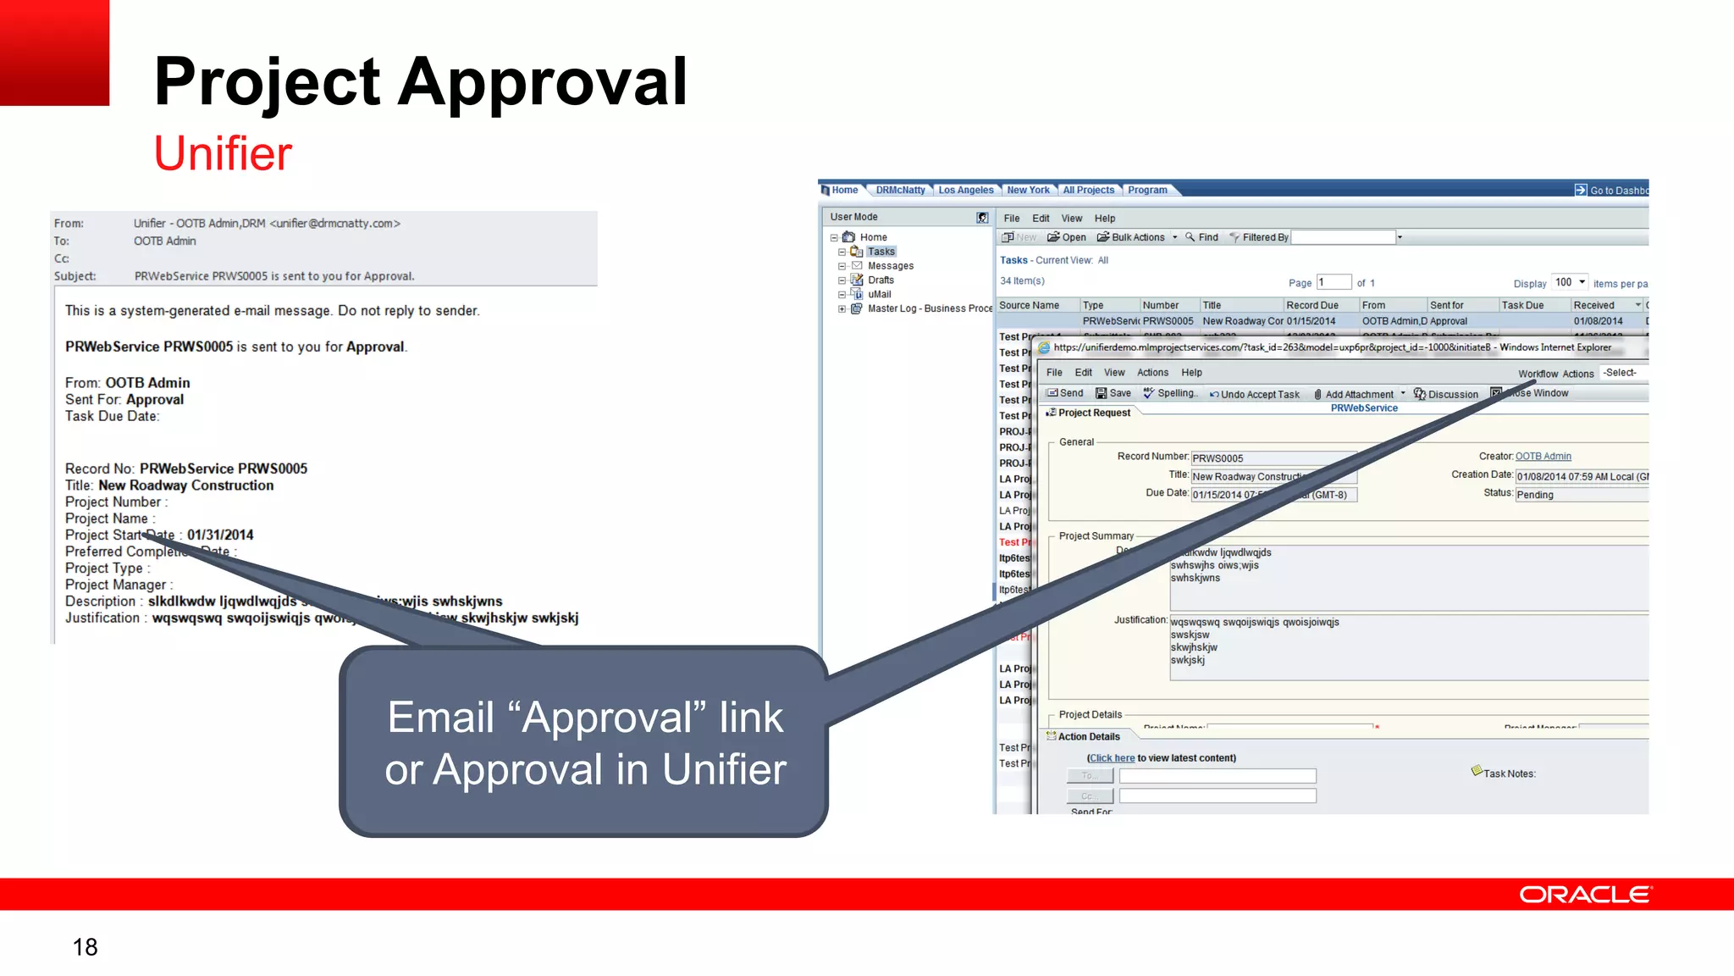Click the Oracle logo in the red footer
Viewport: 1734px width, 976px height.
1584,895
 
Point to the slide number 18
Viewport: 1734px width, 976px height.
85,947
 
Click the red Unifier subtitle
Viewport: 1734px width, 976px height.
223,153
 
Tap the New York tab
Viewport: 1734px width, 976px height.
1028,190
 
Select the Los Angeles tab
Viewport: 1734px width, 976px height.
965,190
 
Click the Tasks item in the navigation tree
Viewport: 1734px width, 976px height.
881,252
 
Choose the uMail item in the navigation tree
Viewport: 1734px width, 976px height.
879,294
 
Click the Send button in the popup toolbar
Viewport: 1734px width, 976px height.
1065,393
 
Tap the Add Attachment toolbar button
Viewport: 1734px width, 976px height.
1358,394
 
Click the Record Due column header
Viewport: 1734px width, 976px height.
1312,305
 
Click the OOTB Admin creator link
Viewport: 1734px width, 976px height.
1543,456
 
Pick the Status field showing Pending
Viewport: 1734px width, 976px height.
1580,495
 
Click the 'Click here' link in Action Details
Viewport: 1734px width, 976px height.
1112,758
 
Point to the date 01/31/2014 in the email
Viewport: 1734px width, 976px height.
220,535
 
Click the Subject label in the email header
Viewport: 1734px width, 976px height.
75,276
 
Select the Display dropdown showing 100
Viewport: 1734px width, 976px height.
1570,282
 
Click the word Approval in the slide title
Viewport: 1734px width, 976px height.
543,81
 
